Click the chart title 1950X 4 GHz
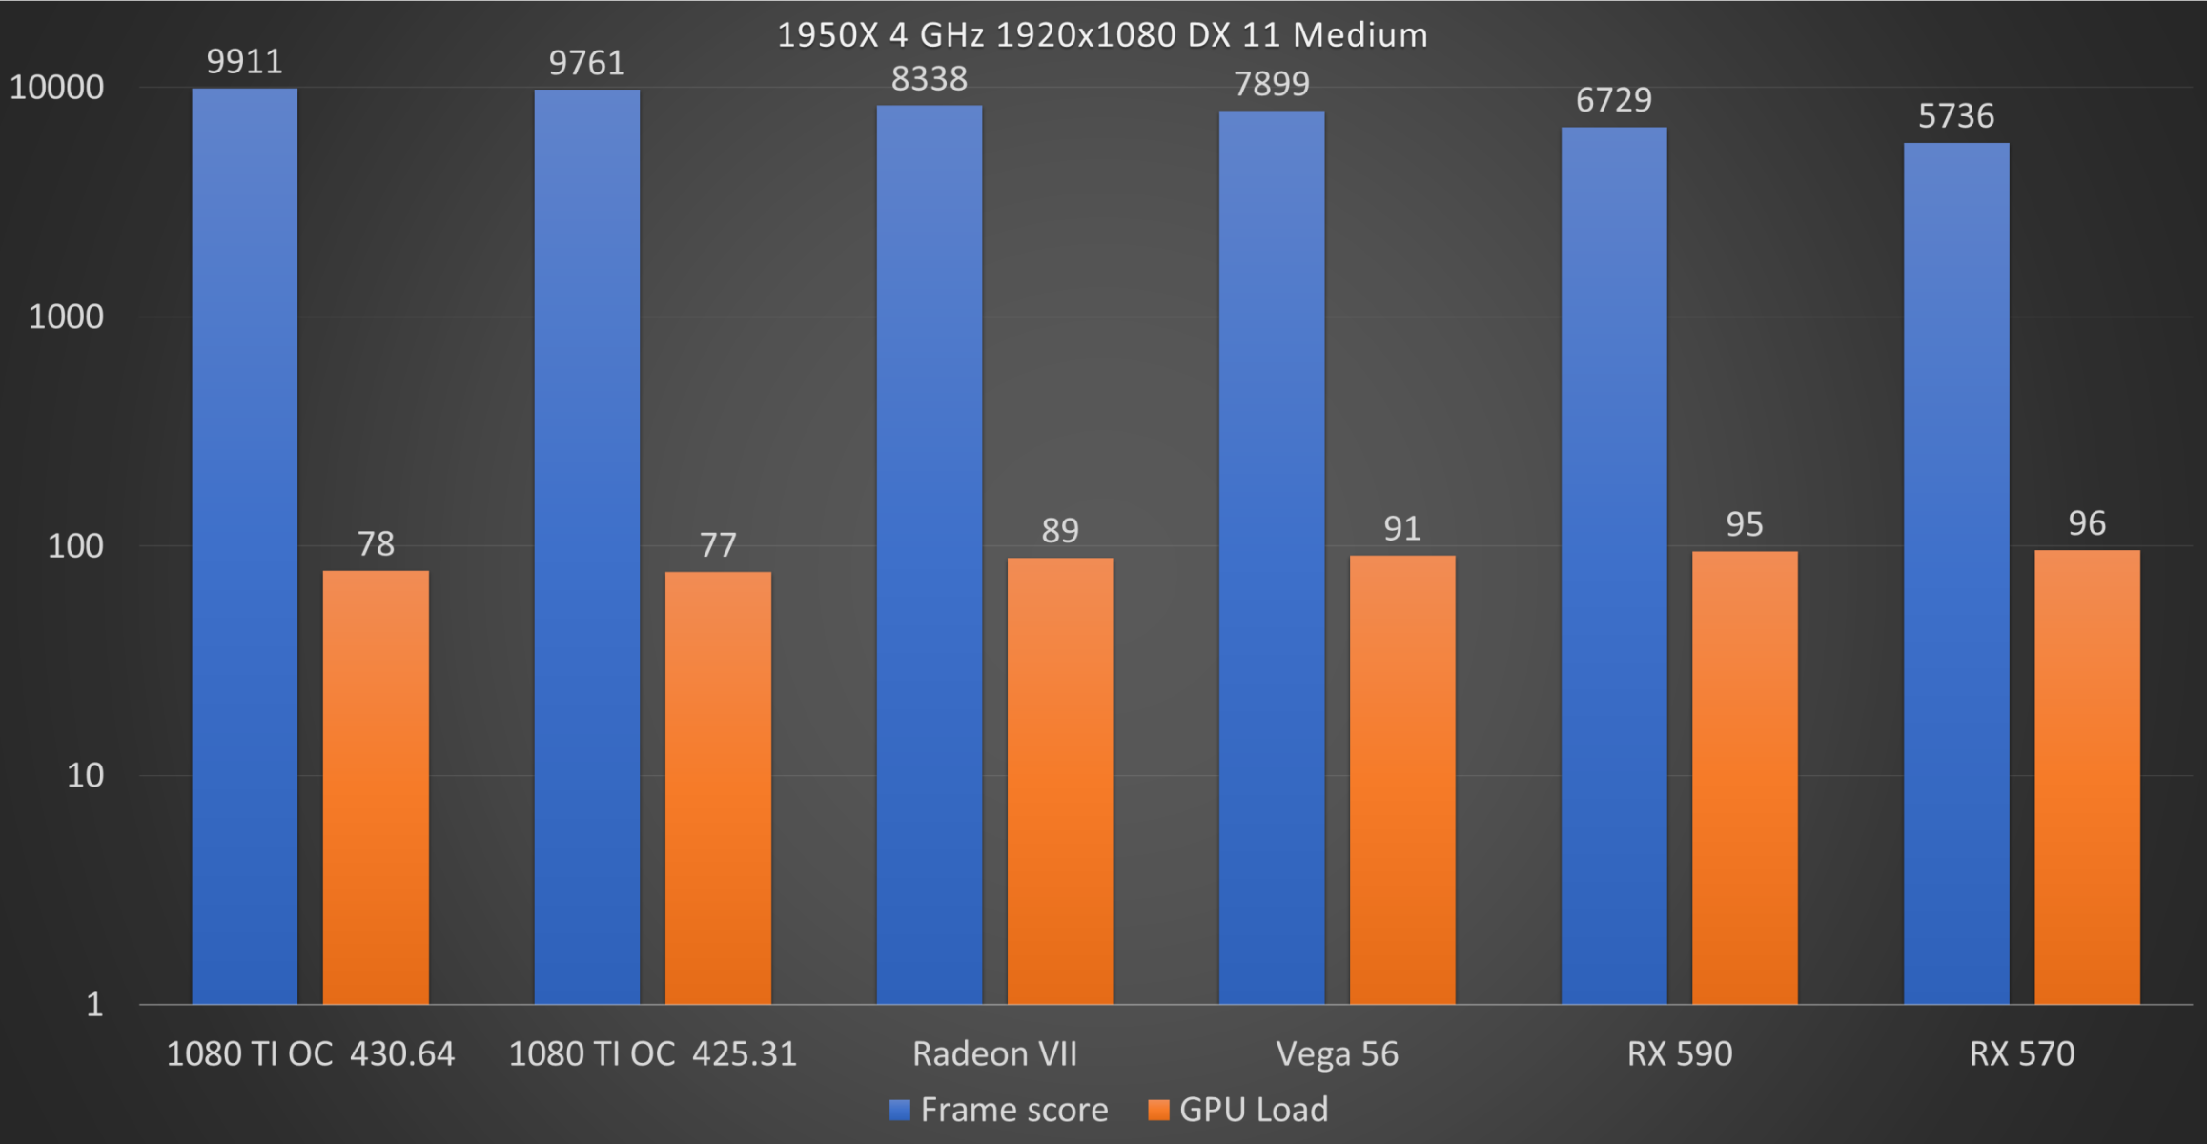pyautogui.click(x=1102, y=35)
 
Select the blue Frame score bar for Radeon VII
pyautogui.click(x=929, y=553)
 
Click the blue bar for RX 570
pyautogui.click(x=1956, y=572)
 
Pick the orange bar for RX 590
pyautogui.click(x=1745, y=777)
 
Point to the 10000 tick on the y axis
pyautogui.click(x=56, y=88)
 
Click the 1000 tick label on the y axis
pyautogui.click(x=66, y=317)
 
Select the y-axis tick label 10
pyautogui.click(x=85, y=775)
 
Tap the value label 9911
pyautogui.click(x=245, y=62)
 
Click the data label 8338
pyautogui.click(x=929, y=78)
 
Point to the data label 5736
pyautogui.click(x=1956, y=116)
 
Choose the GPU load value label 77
pyautogui.click(x=718, y=545)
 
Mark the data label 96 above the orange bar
pyautogui.click(x=2087, y=523)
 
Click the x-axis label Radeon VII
pyautogui.click(x=994, y=1053)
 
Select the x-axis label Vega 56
pyautogui.click(x=1337, y=1053)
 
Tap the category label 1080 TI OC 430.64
pyautogui.click(x=311, y=1053)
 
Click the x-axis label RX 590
pyautogui.click(x=1679, y=1053)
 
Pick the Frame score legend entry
pyautogui.click(x=999, y=1110)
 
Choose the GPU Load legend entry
pyautogui.click(x=1238, y=1110)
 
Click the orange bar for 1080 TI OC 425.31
pyautogui.click(x=718, y=787)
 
